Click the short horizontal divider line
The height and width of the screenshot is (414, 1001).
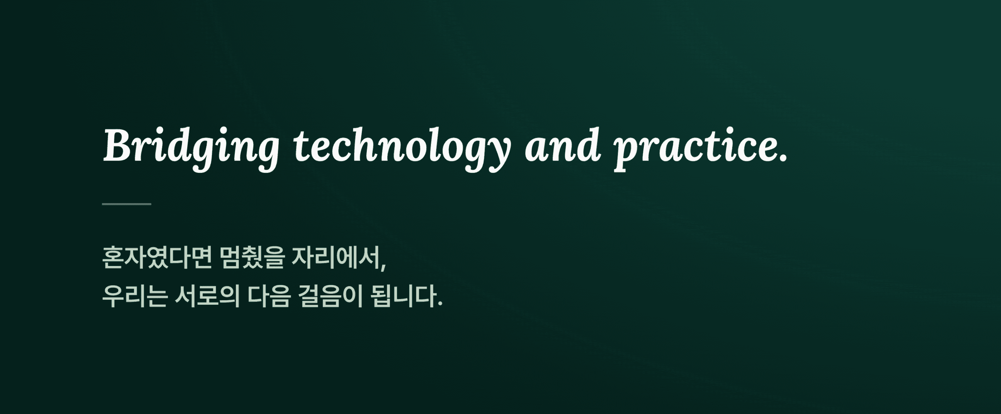pyautogui.click(x=127, y=204)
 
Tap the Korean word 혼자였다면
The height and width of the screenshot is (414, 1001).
pyautogui.click(x=157, y=257)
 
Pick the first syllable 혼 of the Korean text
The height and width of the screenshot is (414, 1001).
pyautogui.click(x=113, y=257)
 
